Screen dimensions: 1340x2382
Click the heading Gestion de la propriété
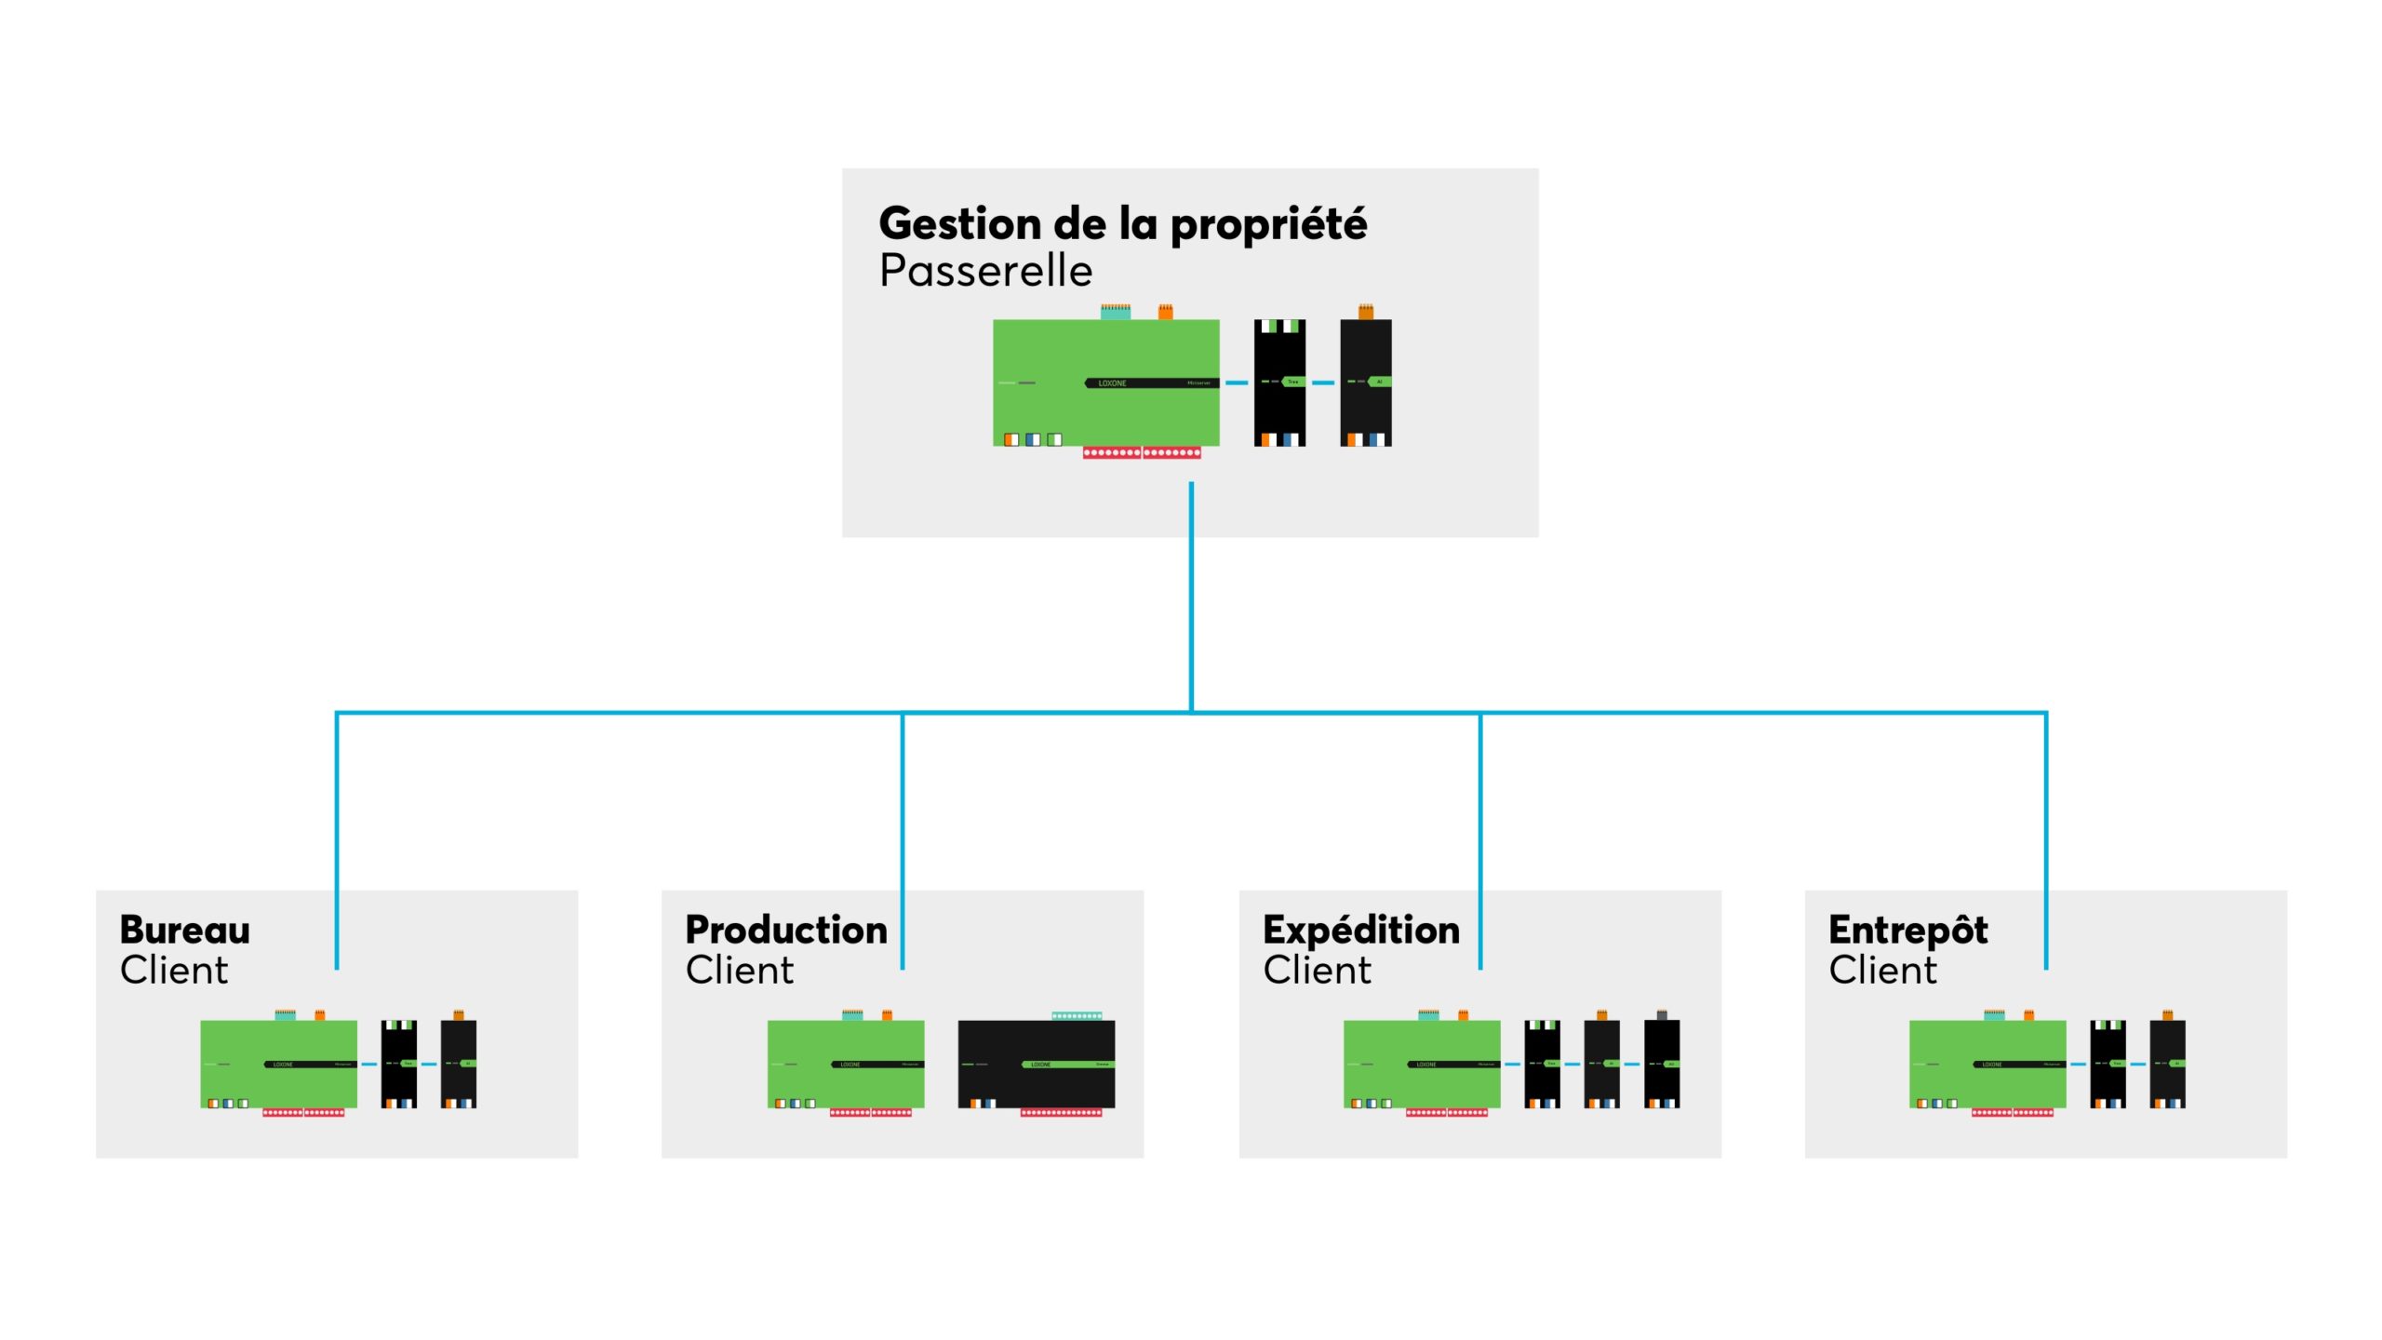click(x=1122, y=224)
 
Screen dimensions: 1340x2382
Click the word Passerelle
click(x=985, y=272)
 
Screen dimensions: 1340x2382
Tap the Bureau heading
click(x=185, y=930)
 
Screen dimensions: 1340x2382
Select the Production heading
click(x=786, y=930)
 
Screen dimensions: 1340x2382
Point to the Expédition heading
click(x=1361, y=930)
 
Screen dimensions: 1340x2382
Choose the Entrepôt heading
click(x=1907, y=930)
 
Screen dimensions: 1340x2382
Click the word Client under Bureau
click(x=174, y=971)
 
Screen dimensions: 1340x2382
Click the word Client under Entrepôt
click(x=1882, y=971)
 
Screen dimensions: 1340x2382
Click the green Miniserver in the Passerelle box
click(x=1105, y=382)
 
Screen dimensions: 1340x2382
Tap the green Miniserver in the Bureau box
click(x=278, y=1063)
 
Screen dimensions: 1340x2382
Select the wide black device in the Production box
click(x=1036, y=1063)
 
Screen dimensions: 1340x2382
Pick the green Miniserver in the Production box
click(x=845, y=1063)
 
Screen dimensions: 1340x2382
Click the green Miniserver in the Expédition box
click(x=1421, y=1063)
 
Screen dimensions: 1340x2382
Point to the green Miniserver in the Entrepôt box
click(x=1987, y=1063)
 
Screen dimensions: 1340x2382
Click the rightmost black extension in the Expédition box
click(x=1661, y=1063)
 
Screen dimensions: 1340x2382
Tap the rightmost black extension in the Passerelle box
click(x=1365, y=382)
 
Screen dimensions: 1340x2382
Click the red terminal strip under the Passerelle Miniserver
click(x=1142, y=453)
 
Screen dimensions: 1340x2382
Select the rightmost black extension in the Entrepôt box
click(x=2167, y=1063)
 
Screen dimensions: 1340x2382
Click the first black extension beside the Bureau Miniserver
click(x=398, y=1063)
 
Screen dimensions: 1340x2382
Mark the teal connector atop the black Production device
click(x=1077, y=1015)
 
